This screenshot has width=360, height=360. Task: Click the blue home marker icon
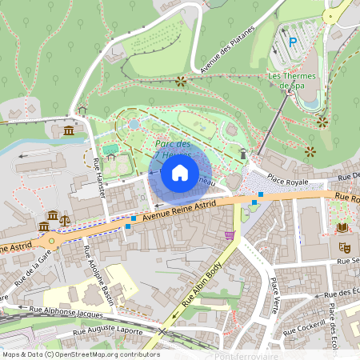coord(180,172)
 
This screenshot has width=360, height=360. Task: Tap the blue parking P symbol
coord(293,42)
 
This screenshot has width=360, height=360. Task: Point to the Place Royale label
coord(287,182)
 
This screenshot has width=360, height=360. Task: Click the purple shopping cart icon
coord(230,235)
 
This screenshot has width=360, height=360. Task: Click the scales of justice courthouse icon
coord(65,218)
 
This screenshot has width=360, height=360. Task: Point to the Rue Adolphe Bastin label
coord(98,277)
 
